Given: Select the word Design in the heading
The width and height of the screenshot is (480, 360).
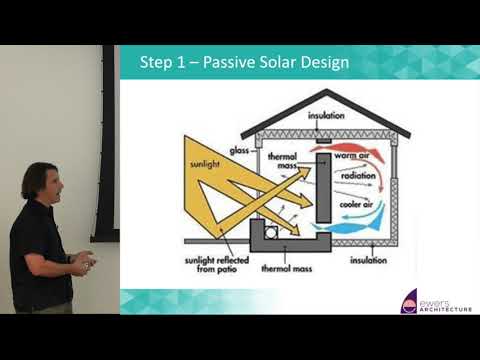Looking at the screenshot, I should point(326,63).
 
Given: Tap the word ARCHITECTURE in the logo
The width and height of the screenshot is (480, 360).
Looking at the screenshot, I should point(446,309).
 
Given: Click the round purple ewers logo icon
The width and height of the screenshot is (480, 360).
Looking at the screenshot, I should point(409,302).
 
